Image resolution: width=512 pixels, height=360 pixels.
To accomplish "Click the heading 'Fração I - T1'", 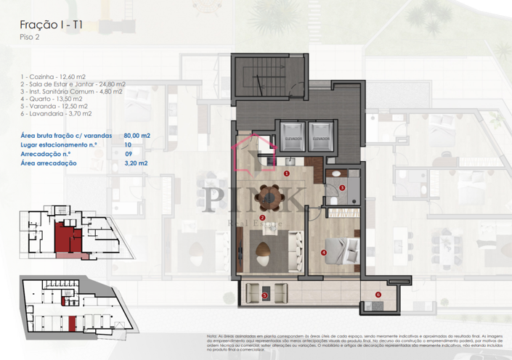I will tap(50, 25).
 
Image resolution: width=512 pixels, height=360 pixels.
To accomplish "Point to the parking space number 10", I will tap(128, 145).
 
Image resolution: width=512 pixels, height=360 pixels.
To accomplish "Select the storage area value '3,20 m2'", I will tap(136, 164).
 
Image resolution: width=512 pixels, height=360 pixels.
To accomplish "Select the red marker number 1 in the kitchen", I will tap(288, 174).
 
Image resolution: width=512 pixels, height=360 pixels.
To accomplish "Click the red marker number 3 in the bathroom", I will tap(342, 187).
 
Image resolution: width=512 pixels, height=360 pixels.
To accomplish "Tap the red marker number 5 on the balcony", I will tap(265, 295).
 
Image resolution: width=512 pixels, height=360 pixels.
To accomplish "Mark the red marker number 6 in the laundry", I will tap(378, 294).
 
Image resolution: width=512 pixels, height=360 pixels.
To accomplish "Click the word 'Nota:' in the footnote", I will tap(212, 336).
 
